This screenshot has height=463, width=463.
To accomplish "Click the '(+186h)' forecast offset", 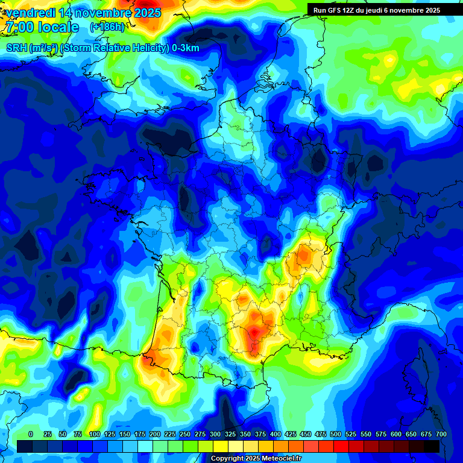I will pos(107,27).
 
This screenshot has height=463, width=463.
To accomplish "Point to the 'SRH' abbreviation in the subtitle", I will pos(16,48).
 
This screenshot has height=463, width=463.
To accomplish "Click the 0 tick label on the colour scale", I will pos(31,434).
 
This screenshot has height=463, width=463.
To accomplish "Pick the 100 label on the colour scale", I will pos(94,434).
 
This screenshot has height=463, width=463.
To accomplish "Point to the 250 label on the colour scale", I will pos(184,434).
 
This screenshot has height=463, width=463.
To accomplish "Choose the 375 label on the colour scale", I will pos(260,434).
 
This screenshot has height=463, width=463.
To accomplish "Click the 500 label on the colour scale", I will pos(335,434).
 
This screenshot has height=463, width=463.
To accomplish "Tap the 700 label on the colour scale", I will pos(441,434).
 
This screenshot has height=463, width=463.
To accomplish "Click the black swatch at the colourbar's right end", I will pos(432,446).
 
